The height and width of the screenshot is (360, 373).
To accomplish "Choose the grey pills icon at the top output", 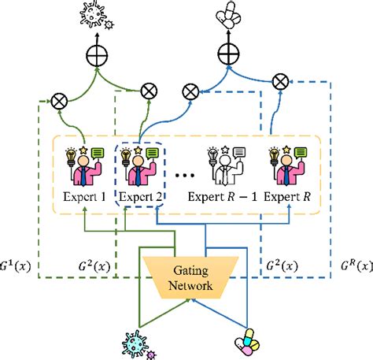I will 229,13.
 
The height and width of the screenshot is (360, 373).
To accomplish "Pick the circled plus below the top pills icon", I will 229,54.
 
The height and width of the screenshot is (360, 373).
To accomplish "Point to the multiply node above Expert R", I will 279,82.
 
